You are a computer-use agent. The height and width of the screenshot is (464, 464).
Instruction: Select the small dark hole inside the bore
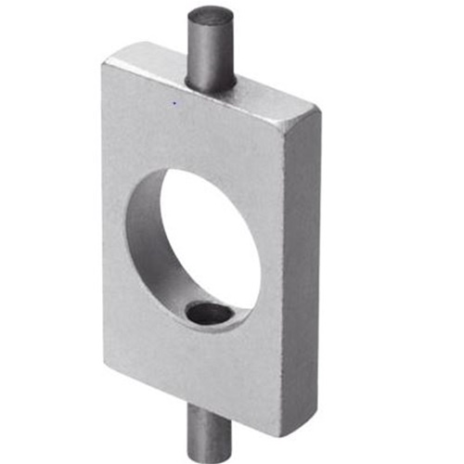pos(210,315)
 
